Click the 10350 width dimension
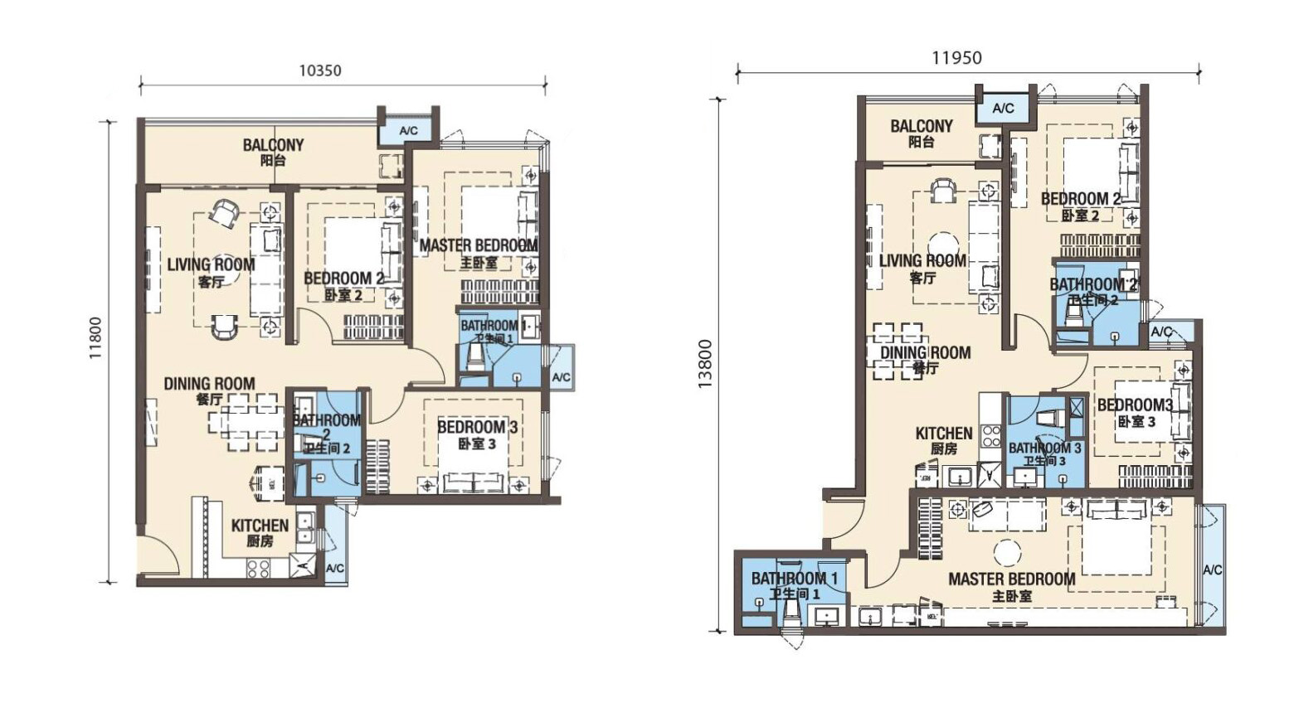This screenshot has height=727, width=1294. point(320,70)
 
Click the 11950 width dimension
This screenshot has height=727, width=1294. point(956,58)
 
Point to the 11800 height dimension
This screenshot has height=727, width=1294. point(95,338)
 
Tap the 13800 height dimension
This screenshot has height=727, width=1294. point(705,364)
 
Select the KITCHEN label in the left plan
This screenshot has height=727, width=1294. point(260,526)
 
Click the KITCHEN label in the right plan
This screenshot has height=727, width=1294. point(944,433)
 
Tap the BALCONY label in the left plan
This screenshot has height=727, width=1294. point(273,144)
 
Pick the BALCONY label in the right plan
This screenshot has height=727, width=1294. point(922,126)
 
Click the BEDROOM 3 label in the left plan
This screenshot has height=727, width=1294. point(477,427)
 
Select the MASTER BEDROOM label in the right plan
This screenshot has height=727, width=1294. point(1012,579)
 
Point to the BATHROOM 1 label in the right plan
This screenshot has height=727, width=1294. point(795,578)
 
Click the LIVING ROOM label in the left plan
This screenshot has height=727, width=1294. point(211,265)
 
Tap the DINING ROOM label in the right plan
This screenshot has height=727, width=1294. point(926,353)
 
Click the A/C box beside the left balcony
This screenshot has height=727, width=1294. point(408,131)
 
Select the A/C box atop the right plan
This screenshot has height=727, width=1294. point(1004,109)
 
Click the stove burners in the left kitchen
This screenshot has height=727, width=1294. point(258,568)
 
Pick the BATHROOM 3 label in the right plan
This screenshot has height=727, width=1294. point(1044,448)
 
